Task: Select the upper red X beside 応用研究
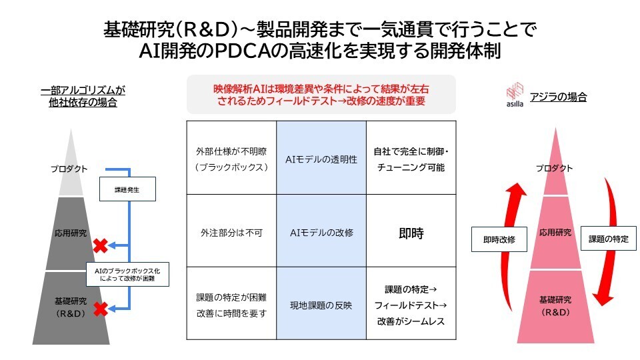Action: pyautogui.click(x=100, y=245)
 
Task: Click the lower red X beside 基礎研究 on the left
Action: pyautogui.click(x=100, y=309)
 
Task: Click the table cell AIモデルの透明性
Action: pyautogui.click(x=321, y=159)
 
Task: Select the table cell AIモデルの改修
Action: pyautogui.click(x=321, y=233)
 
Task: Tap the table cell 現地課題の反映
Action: pyautogui.click(x=321, y=305)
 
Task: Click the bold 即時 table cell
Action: pyautogui.click(x=411, y=233)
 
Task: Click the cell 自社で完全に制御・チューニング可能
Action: pyautogui.click(x=411, y=159)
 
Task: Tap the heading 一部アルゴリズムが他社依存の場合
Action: pyautogui.click(x=83, y=95)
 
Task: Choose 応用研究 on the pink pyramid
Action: pyautogui.click(x=555, y=233)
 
